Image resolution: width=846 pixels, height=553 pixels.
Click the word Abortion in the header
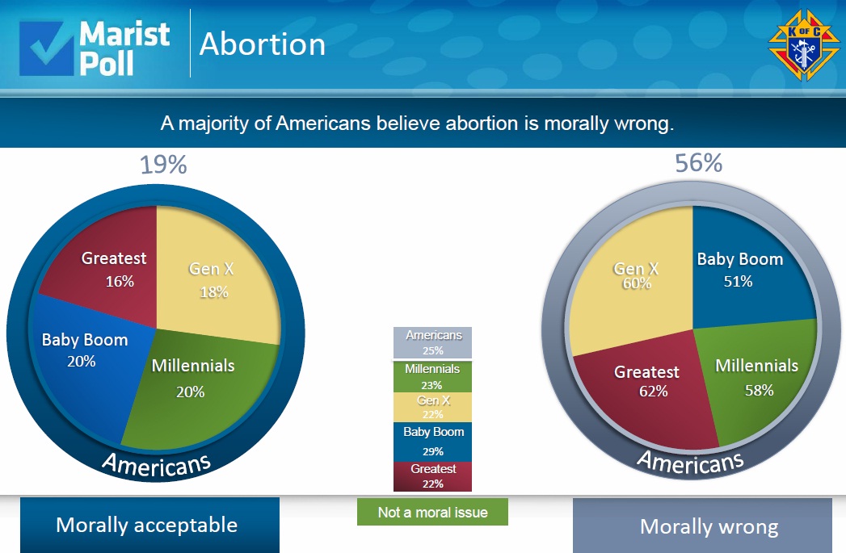coord(262,44)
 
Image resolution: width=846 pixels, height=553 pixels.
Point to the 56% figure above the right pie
coord(698,163)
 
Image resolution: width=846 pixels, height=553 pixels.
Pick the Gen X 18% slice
coord(217,279)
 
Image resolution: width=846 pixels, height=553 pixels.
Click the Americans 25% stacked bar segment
coord(433,342)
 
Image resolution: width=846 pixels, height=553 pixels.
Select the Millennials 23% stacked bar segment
coord(433,376)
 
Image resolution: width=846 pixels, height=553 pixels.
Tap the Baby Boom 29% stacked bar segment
coord(433,442)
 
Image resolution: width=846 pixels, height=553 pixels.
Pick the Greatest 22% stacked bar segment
coord(433,476)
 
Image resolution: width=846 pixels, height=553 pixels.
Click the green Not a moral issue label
coord(432,512)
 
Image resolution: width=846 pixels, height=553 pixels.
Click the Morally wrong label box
coord(702,526)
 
